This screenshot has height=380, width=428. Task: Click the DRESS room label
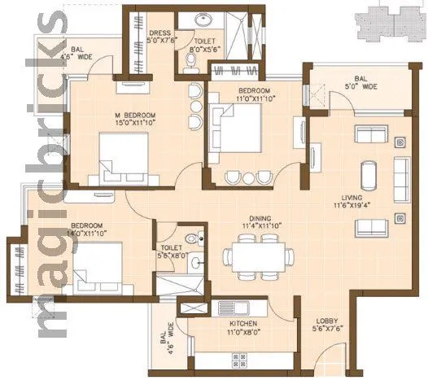(160, 33)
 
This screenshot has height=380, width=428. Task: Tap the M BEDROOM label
(135, 116)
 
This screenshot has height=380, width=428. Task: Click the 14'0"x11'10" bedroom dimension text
(87, 232)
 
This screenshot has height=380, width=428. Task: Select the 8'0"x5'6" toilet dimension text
(204, 49)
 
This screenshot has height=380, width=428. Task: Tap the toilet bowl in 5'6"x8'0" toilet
(191, 238)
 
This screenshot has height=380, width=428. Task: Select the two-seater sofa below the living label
(400, 218)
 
